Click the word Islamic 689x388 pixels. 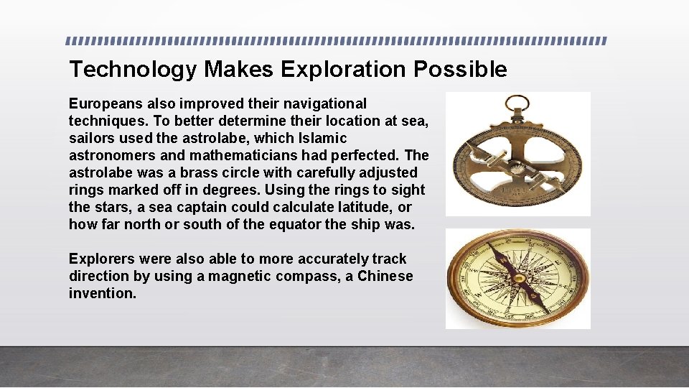coord(321,139)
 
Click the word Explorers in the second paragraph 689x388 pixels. coord(103,259)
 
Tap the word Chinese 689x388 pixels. coord(385,277)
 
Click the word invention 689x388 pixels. coord(102,294)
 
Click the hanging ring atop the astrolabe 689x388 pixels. coord(516,104)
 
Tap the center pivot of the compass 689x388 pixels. coord(518,277)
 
